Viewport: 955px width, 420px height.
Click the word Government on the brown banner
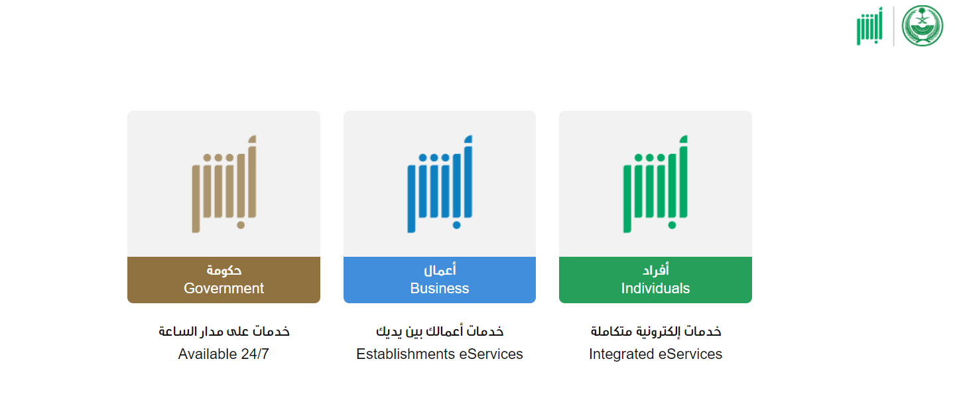224,289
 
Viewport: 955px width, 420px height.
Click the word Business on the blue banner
440,289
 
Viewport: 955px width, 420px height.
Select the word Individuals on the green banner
655,289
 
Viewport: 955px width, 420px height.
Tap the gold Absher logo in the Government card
224,184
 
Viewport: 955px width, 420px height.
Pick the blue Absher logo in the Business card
440,184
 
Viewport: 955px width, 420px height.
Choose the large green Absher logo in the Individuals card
656,184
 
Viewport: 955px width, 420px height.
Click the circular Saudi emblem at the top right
923,26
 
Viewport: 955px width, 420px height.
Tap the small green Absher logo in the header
869,26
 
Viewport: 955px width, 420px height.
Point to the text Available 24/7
224,354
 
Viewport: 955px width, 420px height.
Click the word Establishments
405,354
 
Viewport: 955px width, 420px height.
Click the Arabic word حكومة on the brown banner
224,270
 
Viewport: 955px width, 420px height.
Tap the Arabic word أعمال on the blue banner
440,269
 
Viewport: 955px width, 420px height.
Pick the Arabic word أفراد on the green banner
656,269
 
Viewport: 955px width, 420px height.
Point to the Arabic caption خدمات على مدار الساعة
224,331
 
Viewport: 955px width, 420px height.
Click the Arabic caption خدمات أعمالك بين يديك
440,331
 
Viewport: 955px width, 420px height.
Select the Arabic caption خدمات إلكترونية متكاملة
656,331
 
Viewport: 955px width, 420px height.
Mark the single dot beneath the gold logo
241,225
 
